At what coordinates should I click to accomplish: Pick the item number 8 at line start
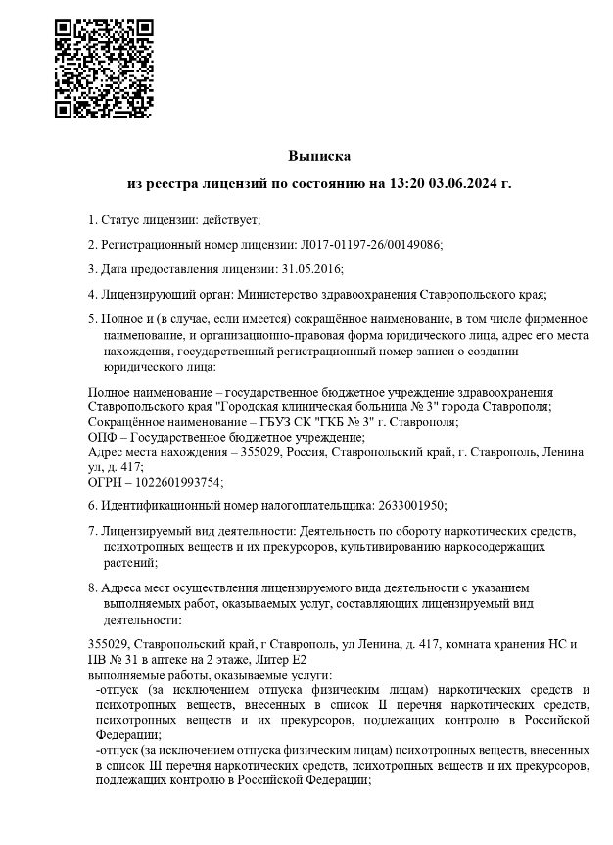click(x=91, y=587)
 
